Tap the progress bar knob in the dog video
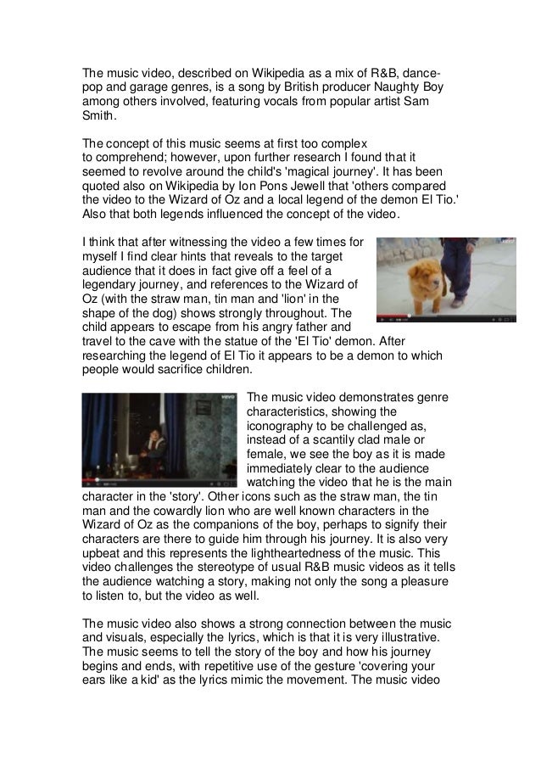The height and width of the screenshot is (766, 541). [x=383, y=318]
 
